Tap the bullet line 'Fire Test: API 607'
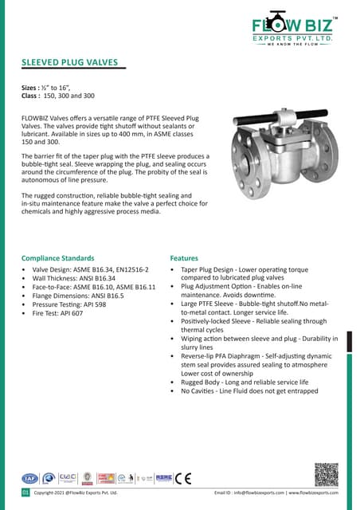point(56,313)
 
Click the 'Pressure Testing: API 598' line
point(65,304)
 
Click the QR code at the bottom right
point(327,474)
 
